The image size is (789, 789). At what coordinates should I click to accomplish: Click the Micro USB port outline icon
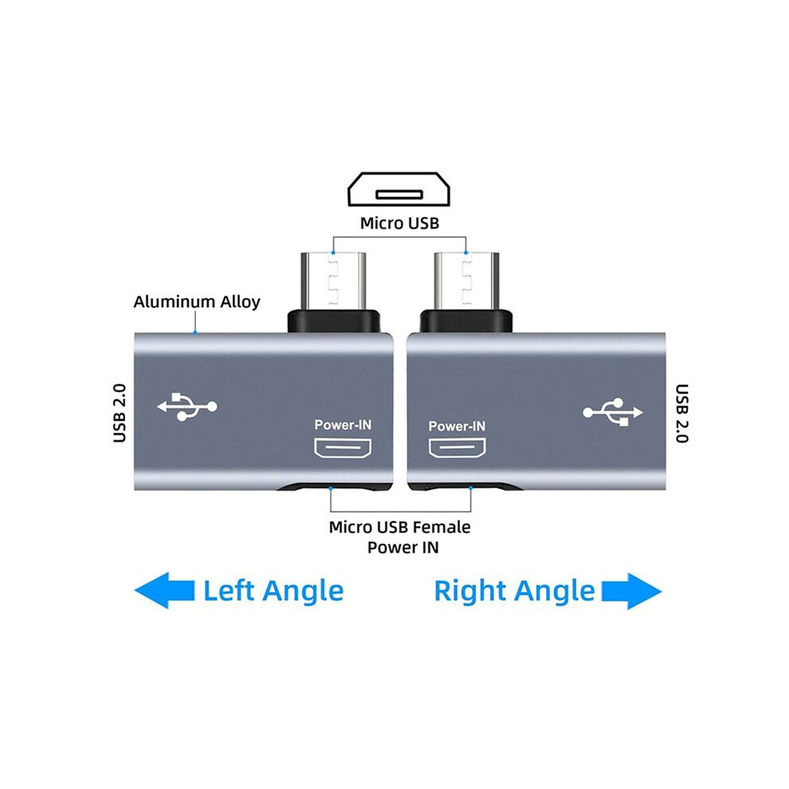tap(399, 189)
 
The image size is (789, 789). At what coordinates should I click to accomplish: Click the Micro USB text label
tap(399, 223)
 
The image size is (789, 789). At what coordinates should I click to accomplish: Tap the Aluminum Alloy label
tap(197, 301)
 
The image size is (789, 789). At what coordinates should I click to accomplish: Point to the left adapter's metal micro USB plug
tap(333, 280)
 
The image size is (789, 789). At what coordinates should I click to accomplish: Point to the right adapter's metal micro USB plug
tap(466, 280)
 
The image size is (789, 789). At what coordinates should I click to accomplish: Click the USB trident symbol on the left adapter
tap(186, 406)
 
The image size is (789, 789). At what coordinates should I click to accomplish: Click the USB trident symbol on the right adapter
tap(613, 412)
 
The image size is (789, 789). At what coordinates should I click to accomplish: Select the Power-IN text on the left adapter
tap(343, 426)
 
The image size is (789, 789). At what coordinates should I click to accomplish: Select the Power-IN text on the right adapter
tap(457, 426)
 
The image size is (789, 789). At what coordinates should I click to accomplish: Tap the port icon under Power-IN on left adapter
tap(343, 448)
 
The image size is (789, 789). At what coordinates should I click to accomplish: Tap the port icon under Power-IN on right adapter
tap(457, 448)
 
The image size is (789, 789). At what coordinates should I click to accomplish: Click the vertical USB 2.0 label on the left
tap(120, 413)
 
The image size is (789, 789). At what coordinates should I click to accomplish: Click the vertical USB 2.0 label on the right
tap(681, 413)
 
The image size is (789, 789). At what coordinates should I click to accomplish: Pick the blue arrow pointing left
tap(164, 591)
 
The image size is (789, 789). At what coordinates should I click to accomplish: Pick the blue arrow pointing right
tap(631, 591)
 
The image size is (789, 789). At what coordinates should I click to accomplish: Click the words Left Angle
tap(273, 591)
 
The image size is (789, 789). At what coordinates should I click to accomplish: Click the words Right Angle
tap(514, 591)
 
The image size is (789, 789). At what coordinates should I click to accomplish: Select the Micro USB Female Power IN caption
tap(400, 537)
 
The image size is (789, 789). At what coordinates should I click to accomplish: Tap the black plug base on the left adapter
tap(334, 321)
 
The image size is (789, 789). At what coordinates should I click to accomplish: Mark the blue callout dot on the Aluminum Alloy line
tap(195, 332)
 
